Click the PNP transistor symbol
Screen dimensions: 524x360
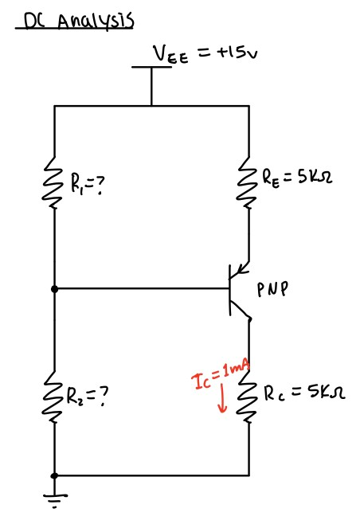pyautogui.click(x=236, y=289)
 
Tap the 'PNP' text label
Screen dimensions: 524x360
pyautogui.click(x=272, y=290)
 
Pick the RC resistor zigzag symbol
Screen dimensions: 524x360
pyautogui.click(x=248, y=398)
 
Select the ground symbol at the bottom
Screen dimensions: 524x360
pyautogui.click(x=54, y=496)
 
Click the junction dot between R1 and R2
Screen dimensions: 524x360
pyautogui.click(x=54, y=289)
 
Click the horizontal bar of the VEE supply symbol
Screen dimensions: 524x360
pyautogui.click(x=151, y=68)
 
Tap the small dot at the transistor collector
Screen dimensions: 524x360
pyautogui.click(x=248, y=319)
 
